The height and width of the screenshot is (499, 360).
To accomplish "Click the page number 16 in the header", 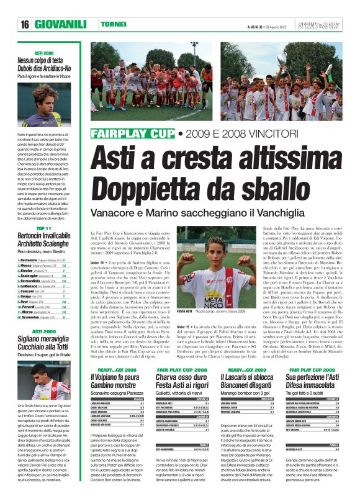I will tap(25, 24).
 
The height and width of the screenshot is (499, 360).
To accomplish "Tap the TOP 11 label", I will tap(43, 229).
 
